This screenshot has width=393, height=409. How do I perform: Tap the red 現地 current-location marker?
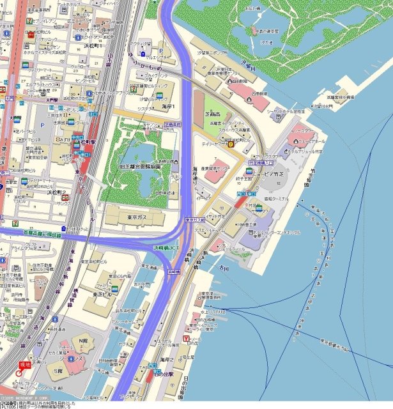23,366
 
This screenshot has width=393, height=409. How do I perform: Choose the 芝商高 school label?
215,114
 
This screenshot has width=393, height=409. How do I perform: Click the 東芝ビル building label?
102,295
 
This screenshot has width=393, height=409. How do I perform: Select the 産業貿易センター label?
217,169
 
